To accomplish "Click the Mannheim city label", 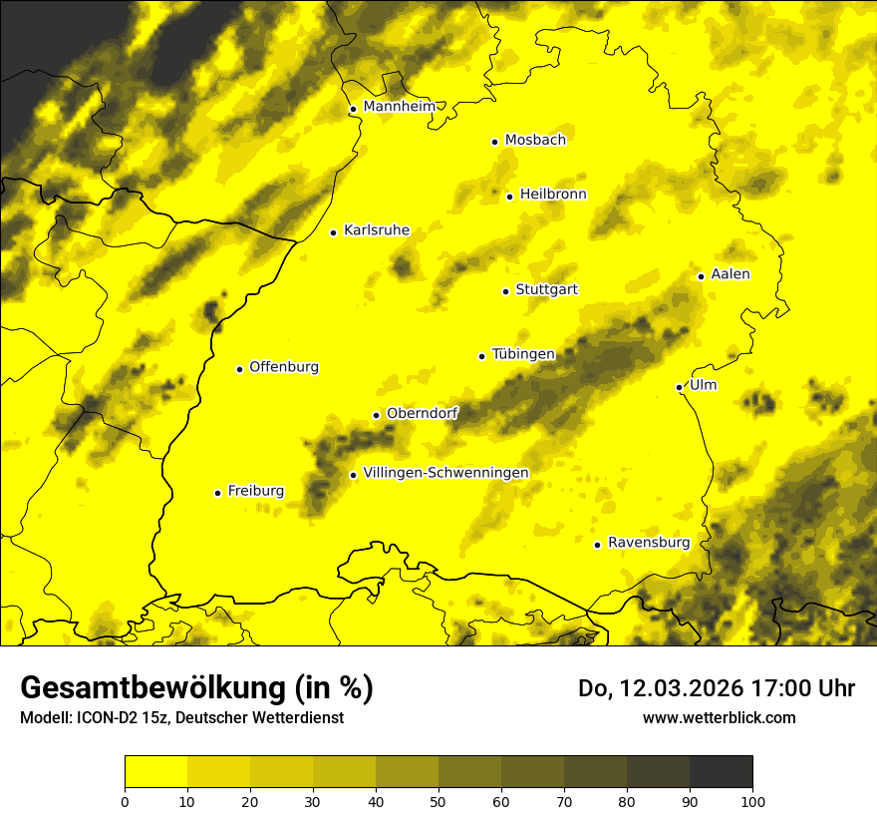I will (x=400, y=107).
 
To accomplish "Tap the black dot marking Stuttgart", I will (x=505, y=291).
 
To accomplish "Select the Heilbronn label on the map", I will (x=553, y=195).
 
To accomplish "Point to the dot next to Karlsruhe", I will (x=333, y=232).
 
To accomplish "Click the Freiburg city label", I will (x=255, y=491).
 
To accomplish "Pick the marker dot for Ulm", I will (x=679, y=387).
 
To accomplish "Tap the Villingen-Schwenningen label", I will (x=445, y=473).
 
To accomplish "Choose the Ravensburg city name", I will (x=648, y=543).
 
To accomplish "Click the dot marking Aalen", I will (x=701, y=276).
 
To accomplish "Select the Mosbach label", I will (x=535, y=141).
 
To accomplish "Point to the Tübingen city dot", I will (x=481, y=356).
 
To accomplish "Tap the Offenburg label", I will (x=284, y=367).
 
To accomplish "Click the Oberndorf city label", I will (x=422, y=413).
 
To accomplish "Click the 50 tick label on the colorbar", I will (x=438, y=801).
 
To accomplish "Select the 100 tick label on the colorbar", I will (x=752, y=801).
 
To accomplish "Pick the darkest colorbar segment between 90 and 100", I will (x=721, y=772).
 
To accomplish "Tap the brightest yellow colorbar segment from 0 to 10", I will (x=155, y=772).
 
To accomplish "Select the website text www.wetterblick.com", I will (x=719, y=717).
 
